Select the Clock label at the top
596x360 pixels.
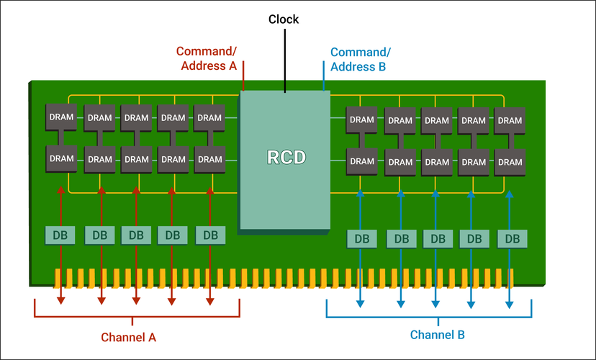click(x=284, y=19)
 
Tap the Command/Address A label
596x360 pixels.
click(x=207, y=58)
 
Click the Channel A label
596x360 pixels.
click(x=128, y=337)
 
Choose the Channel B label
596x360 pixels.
click(x=437, y=335)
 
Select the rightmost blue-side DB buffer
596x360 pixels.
click(x=512, y=238)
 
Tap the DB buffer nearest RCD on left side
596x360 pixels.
click(x=210, y=235)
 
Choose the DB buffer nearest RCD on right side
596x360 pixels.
click(x=362, y=238)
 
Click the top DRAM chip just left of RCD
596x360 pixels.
click(x=209, y=117)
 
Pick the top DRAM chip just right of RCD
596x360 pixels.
click(x=362, y=120)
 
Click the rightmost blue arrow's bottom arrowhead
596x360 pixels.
click(x=510, y=304)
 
